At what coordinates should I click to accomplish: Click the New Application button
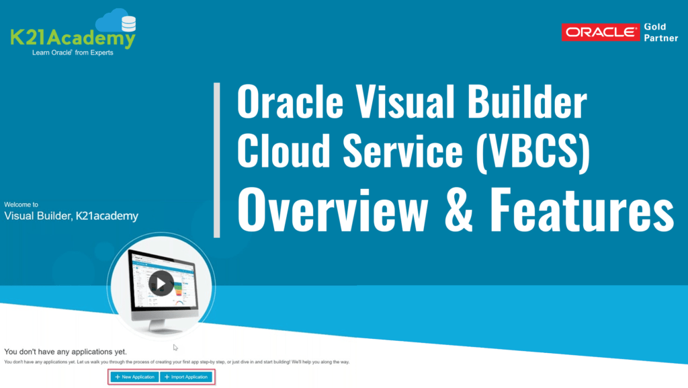pyautogui.click(x=135, y=377)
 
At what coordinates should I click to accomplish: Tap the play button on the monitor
pyautogui.click(x=161, y=282)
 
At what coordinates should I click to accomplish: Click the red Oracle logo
pyautogui.click(x=601, y=32)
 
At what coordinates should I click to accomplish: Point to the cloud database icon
pyautogui.click(x=116, y=22)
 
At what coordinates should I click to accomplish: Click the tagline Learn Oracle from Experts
pyautogui.click(x=73, y=53)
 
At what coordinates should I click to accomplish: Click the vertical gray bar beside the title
pyautogui.click(x=216, y=160)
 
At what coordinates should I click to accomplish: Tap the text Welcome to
pyautogui.click(x=21, y=204)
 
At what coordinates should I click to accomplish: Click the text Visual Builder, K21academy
pyautogui.click(x=71, y=217)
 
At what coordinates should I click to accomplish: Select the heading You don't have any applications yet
pyautogui.click(x=65, y=352)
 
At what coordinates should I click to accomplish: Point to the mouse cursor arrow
pyautogui.click(x=175, y=348)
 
